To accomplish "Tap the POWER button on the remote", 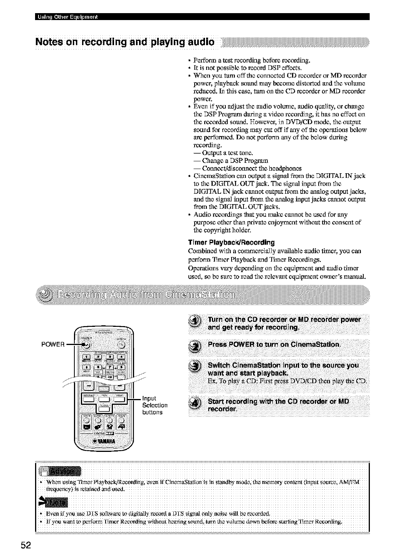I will point(87,344).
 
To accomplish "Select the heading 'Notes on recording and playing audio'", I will point(125,41).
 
